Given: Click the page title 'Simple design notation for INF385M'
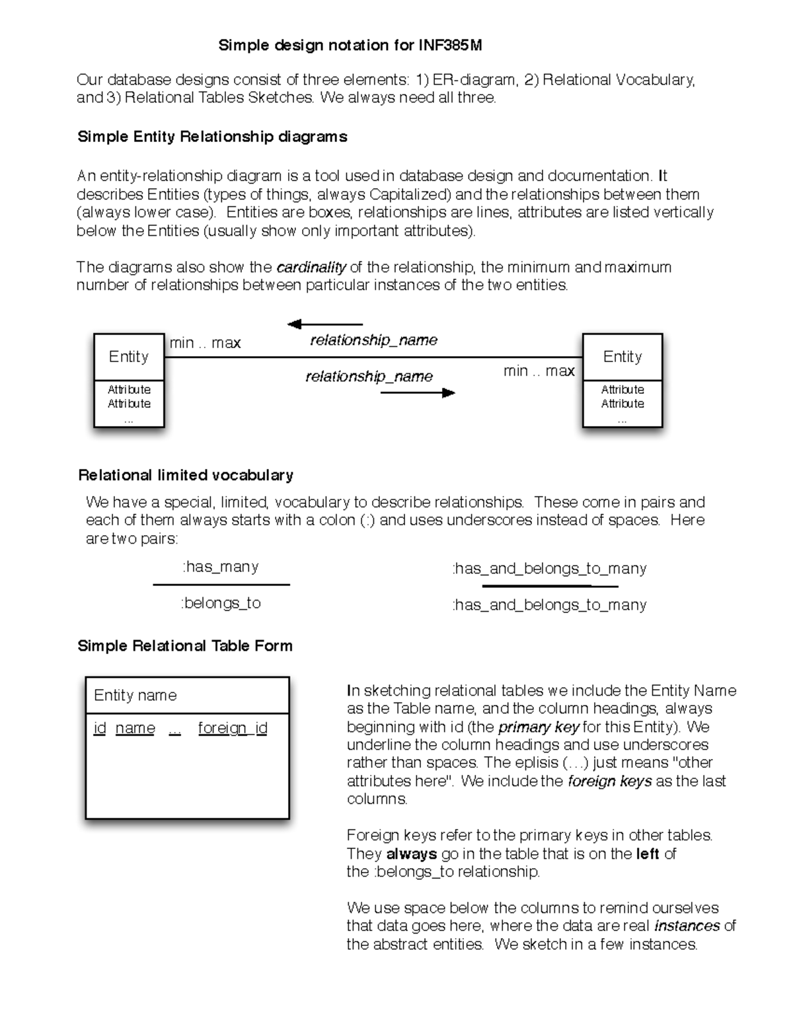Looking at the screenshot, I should [350, 46].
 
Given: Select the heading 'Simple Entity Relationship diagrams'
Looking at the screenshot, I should [212, 137].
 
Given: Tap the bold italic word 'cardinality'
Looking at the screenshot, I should [311, 268].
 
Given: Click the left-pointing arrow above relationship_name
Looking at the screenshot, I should [324, 324].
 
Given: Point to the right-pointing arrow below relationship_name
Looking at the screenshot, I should [418, 393].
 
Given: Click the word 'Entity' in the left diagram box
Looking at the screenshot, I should [129, 357].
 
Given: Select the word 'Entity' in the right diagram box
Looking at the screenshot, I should [622, 357].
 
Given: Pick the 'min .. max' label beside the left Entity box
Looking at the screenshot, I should [205, 343].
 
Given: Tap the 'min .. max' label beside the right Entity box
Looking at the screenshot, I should [539, 371].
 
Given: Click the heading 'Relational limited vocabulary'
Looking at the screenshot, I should [186, 476].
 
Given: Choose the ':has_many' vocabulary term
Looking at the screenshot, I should [220, 567].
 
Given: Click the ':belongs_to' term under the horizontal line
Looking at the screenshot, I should [221, 603].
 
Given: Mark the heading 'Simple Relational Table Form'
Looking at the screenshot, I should [185, 646].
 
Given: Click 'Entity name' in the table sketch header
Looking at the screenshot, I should [135, 695].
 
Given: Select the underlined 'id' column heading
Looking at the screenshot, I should [100, 728].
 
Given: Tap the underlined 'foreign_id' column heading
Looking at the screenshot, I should [233, 728].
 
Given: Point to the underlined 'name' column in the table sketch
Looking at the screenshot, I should [135, 728].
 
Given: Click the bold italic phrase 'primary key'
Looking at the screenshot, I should [539, 727].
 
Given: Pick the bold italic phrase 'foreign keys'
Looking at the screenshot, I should [610, 782].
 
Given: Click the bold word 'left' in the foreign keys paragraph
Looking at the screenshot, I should [648, 854].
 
